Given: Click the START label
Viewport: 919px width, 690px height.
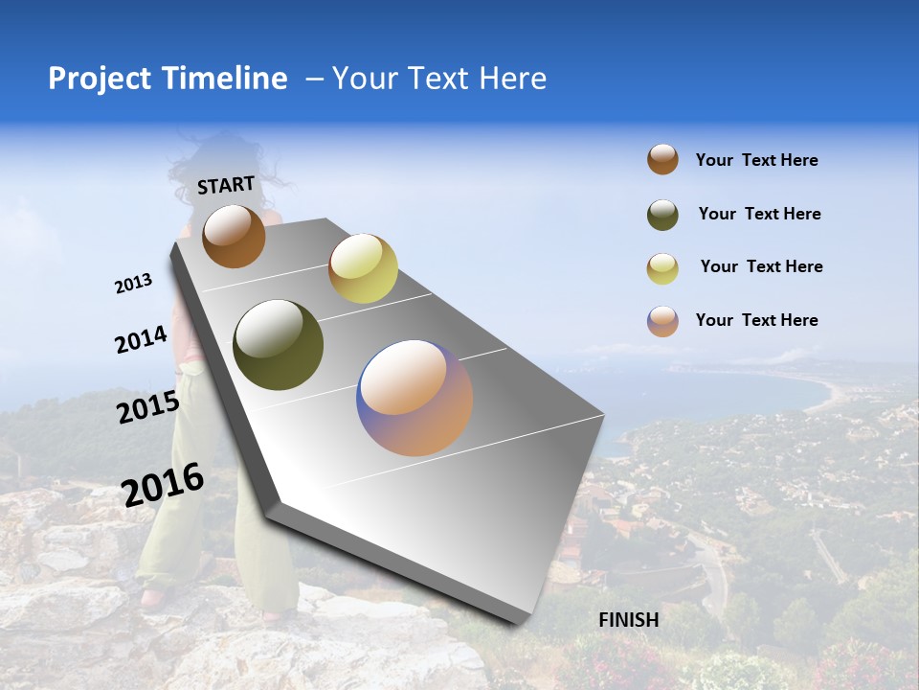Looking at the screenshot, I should [226, 184].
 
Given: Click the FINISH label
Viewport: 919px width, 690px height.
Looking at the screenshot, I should [628, 620].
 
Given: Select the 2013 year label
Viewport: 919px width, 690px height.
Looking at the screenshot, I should [133, 284].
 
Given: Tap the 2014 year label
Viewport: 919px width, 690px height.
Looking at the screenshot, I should [141, 339].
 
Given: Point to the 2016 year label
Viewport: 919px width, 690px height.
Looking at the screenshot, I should [163, 484].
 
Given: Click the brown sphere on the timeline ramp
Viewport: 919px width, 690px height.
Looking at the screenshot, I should [234, 236].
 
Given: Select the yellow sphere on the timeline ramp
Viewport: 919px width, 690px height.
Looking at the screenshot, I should [363, 268].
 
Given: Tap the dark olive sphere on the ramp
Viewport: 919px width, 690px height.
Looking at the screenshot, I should [279, 345].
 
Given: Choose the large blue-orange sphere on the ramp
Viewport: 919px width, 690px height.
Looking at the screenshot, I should [415, 398].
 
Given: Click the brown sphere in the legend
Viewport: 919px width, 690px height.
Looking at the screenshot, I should [662, 160].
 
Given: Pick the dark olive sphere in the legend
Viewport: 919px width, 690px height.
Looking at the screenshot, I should [662, 215].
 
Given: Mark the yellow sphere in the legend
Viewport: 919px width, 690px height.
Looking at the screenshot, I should [662, 268].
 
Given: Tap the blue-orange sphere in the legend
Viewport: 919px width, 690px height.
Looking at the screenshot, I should [662, 321].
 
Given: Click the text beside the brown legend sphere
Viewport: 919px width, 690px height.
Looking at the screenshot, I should [756, 161].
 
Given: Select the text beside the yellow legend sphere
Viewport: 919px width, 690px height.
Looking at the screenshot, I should [761, 266].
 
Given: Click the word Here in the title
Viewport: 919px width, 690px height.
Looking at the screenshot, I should [511, 79].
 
